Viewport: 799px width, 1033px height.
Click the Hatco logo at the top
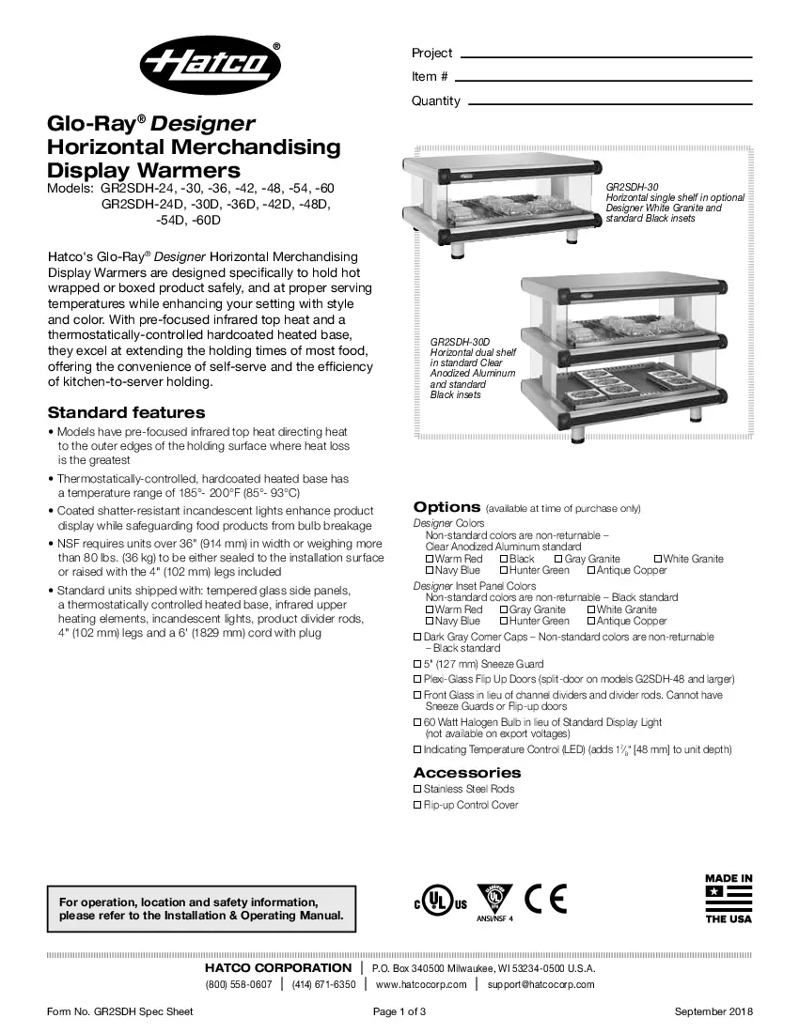211,65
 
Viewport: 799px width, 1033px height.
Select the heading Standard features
126,412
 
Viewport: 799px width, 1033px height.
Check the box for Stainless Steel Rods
418,790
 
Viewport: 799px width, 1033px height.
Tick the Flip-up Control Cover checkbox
418,806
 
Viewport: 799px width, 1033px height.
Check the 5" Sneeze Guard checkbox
418,664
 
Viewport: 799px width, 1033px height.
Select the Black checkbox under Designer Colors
504,559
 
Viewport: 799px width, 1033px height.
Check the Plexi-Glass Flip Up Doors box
418,679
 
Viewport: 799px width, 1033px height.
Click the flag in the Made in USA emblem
728,900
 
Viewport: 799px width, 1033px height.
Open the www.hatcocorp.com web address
420,984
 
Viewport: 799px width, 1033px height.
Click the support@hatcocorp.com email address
540,984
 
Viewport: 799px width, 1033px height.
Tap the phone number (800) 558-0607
239,984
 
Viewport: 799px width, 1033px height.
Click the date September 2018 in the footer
713,1011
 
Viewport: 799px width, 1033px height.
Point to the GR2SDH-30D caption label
460,343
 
